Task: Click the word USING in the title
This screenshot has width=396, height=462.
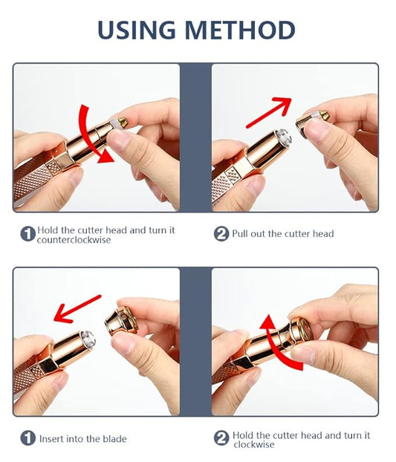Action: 137,30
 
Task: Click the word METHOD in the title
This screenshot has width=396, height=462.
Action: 240,30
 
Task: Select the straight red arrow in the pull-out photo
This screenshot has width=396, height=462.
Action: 269,112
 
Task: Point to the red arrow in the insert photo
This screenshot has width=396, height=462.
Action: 77,308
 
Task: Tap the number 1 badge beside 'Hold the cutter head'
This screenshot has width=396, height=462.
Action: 28,234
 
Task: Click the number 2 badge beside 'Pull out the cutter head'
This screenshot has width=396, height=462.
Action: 221,234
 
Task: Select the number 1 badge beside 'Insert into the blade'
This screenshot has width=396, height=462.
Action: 28,437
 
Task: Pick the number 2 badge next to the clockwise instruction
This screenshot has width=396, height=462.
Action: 221,437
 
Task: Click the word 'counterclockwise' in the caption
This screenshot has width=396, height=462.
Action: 74,240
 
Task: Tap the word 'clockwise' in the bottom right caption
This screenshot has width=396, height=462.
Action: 254,444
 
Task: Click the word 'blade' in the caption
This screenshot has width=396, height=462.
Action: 114,439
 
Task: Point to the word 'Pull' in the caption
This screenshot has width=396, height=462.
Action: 238,234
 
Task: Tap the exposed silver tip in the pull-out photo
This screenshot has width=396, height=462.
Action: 282,137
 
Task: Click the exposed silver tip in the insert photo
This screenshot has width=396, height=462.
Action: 88,339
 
